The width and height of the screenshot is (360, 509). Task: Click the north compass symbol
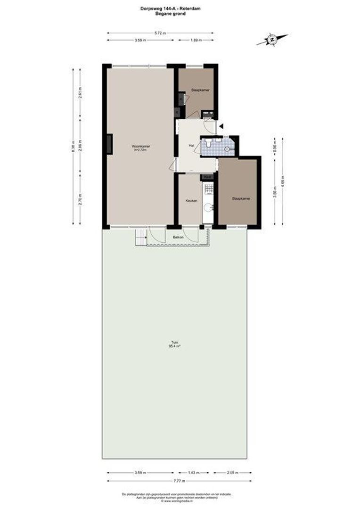[x=272, y=40]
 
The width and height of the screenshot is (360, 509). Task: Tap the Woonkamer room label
[x=140, y=148]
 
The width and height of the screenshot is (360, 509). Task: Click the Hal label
[x=191, y=146]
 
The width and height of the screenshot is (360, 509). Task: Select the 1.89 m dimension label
[x=196, y=41]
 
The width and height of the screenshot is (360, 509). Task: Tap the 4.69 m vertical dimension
[x=283, y=182]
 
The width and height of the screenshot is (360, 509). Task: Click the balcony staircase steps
[x=140, y=238]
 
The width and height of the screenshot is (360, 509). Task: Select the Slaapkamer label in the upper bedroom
[x=200, y=90]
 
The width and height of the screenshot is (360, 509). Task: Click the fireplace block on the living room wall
[x=109, y=144]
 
